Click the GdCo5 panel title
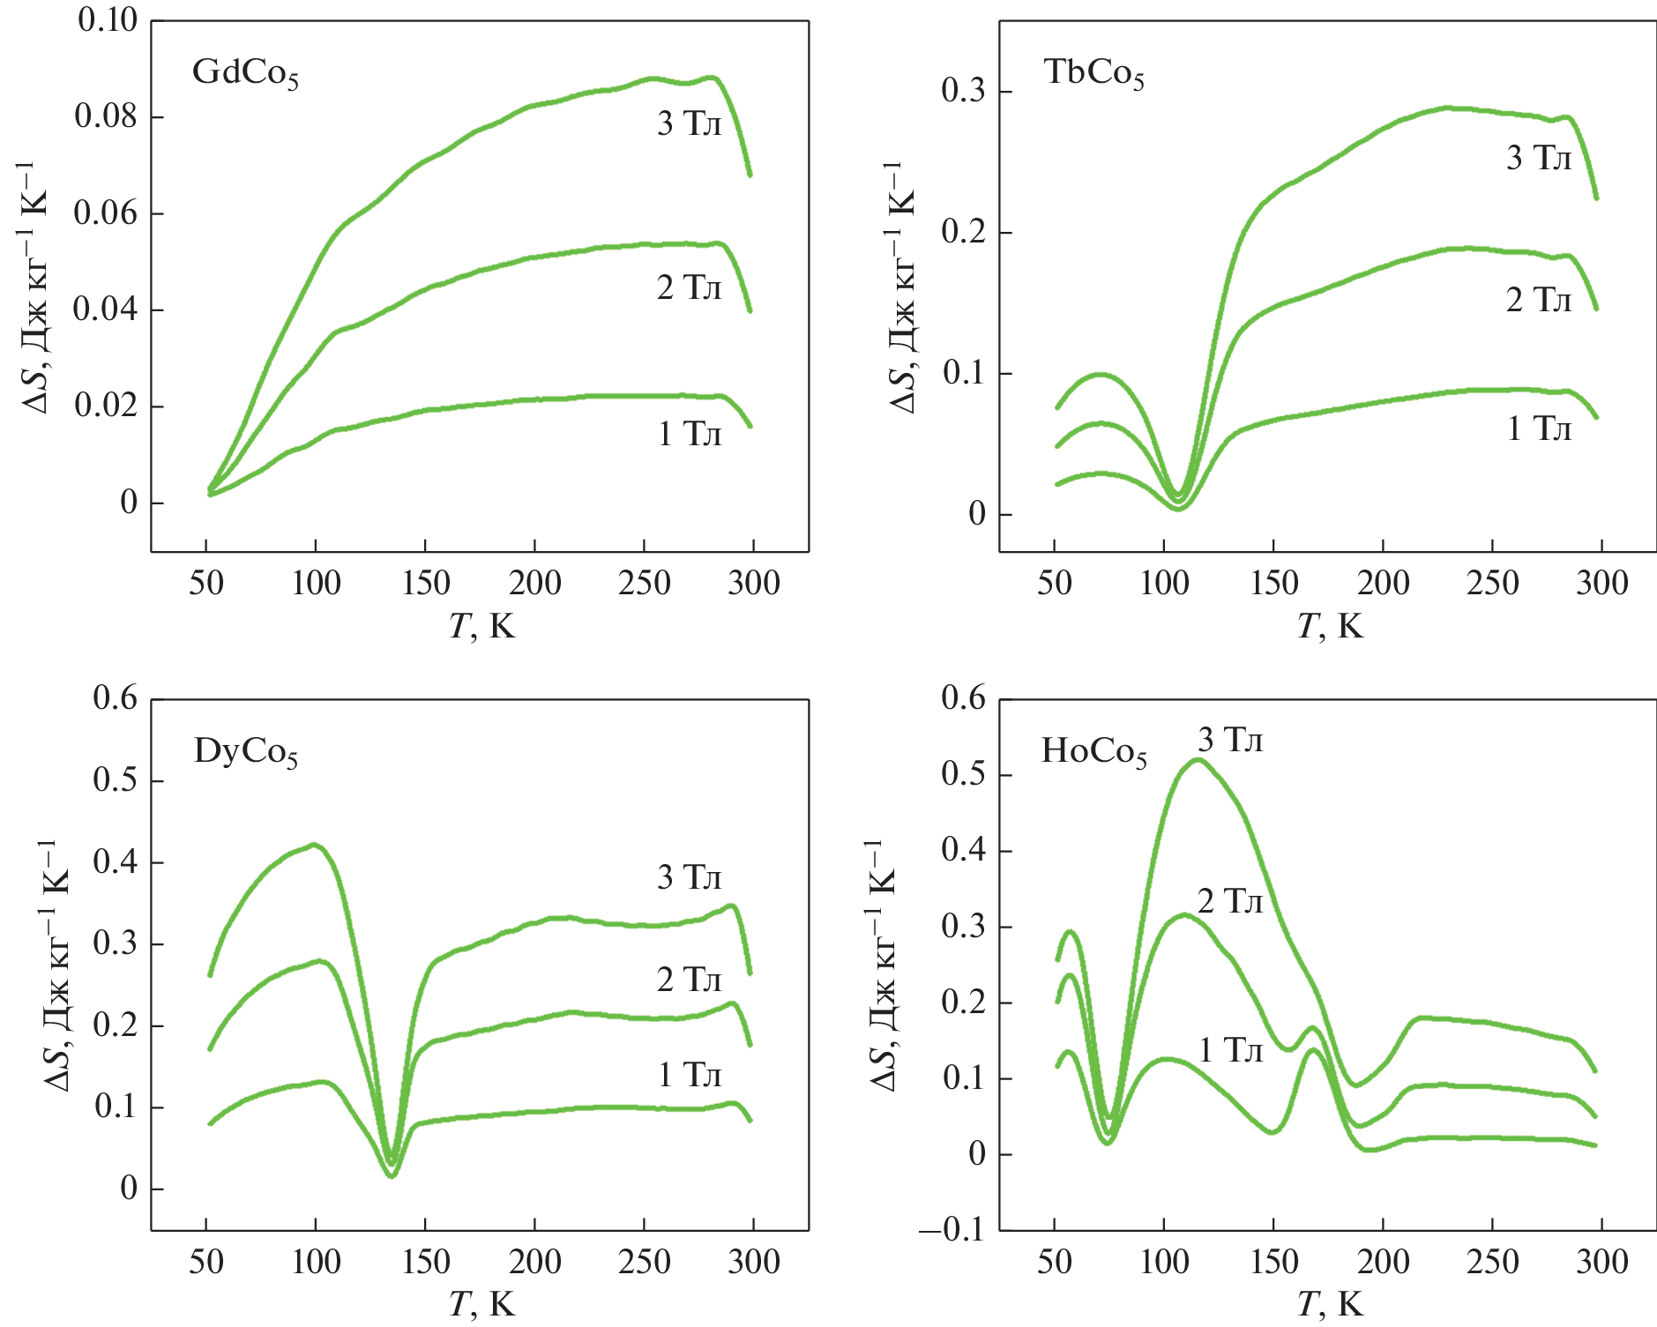coord(245,73)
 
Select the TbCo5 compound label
coord(1093,73)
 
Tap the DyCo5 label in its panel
coord(245,752)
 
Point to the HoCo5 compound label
coord(1093,752)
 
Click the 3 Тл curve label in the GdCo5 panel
coord(689,124)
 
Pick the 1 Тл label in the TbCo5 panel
coord(1539,429)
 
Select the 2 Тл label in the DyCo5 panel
coord(689,980)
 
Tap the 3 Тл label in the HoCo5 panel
coord(1229,741)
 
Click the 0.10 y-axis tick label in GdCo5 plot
coord(108,20)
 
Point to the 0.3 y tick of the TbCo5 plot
coord(963,91)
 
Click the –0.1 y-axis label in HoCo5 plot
coord(952,1229)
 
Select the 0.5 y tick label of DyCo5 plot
coord(116,780)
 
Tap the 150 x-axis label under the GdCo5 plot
coord(425,583)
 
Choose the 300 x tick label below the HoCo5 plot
coord(1601,1262)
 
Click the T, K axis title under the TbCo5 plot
coord(1330,626)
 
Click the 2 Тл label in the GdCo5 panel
coord(689,288)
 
